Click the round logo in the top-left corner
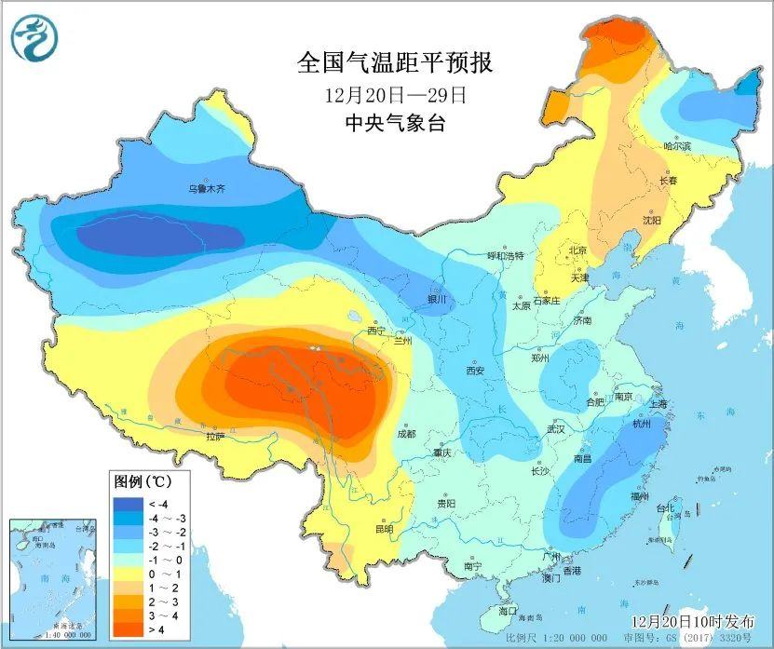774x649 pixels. click(x=34, y=38)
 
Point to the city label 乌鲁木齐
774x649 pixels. click(x=208, y=189)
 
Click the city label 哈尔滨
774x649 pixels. click(x=677, y=147)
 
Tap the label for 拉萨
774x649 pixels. click(x=216, y=434)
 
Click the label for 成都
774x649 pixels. click(x=406, y=433)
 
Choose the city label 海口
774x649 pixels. click(x=507, y=612)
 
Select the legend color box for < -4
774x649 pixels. click(x=129, y=504)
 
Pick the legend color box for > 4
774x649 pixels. click(x=129, y=630)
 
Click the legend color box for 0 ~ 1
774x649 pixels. click(x=129, y=575)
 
